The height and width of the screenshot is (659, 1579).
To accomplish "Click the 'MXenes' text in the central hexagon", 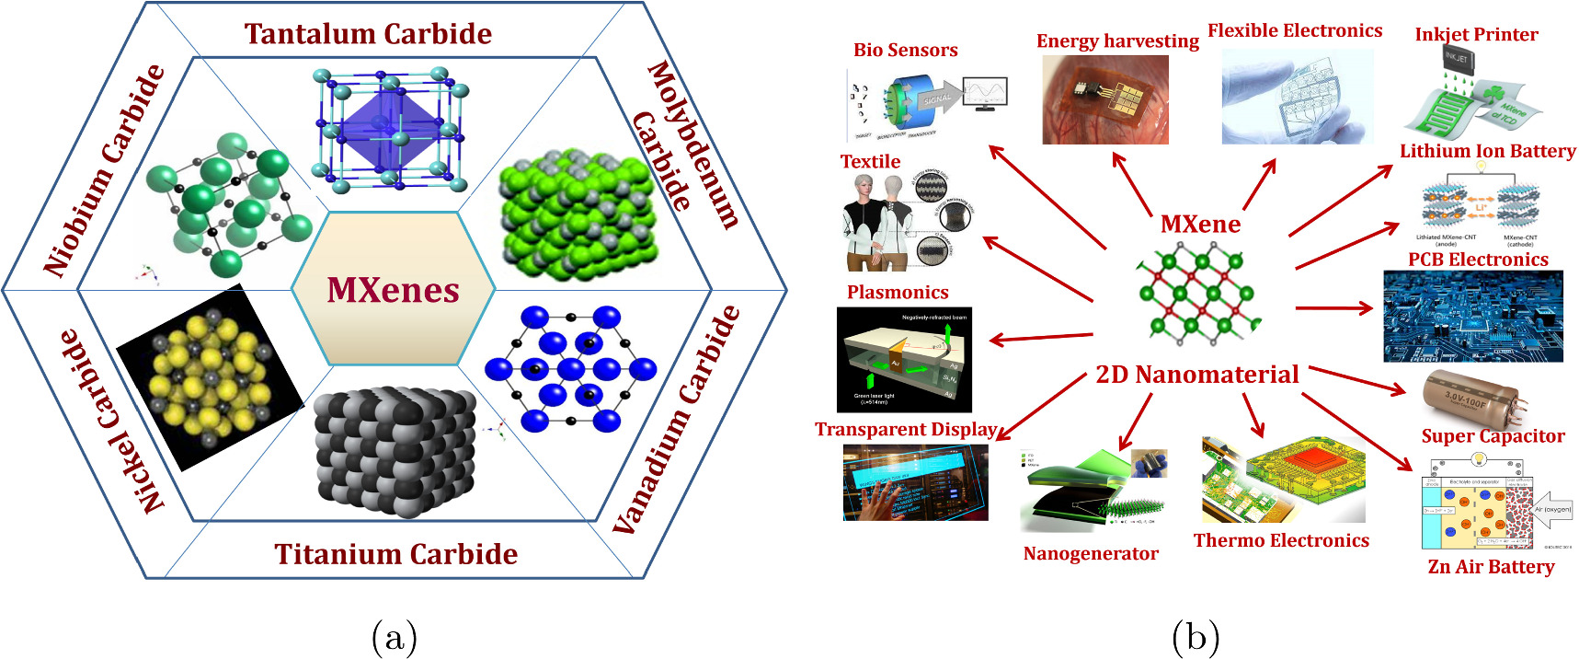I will (x=393, y=290).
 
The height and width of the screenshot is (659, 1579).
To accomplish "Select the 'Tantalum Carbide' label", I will (x=368, y=34).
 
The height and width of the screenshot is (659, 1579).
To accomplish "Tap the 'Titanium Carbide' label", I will (x=395, y=554).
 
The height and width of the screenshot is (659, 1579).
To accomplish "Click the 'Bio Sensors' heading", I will (x=905, y=51).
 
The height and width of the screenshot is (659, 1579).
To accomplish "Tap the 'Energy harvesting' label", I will (x=1117, y=41).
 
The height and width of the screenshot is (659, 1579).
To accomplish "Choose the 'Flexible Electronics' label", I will (x=1294, y=31).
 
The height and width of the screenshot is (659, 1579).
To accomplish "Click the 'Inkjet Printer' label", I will (x=1476, y=35).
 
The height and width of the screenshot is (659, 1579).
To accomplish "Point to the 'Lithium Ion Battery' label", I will (x=1487, y=151).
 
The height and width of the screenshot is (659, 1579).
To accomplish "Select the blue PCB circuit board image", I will (x=1472, y=316).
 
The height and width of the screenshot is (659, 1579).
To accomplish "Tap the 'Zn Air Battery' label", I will (x=1491, y=567).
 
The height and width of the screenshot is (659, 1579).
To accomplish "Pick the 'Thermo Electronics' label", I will (x=1281, y=540).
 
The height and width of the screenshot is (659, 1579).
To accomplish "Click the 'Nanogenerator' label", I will (x=1091, y=553).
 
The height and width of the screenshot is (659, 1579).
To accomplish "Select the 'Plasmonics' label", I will (x=897, y=293).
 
